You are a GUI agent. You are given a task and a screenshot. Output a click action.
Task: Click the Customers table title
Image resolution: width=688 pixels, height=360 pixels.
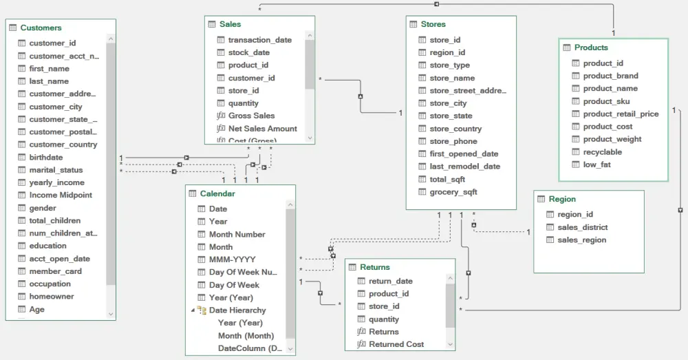[41, 28]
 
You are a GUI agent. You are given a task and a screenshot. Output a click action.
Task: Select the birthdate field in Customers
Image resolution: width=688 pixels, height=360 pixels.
[45, 157]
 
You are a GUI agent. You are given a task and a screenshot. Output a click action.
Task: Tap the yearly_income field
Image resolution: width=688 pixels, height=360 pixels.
[56, 182]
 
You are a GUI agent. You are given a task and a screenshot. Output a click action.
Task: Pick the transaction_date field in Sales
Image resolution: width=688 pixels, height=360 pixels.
[259, 40]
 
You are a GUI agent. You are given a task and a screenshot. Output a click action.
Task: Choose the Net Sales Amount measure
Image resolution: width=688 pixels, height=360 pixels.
[262, 129]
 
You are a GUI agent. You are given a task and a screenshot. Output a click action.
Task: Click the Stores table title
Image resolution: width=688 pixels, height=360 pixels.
[433, 24]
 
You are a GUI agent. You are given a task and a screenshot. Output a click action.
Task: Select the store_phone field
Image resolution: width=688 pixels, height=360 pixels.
[453, 141]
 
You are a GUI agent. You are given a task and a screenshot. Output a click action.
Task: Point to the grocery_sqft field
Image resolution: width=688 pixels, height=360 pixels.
[453, 192]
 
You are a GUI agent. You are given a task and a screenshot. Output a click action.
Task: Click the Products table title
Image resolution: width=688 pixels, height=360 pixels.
[591, 47]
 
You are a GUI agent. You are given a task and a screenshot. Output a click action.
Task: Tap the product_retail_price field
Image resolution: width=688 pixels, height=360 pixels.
[621, 114]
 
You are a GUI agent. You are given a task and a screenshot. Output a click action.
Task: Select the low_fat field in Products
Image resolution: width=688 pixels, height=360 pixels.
[596, 165]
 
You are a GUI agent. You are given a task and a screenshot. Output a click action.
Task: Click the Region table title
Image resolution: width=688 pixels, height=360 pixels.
[562, 199]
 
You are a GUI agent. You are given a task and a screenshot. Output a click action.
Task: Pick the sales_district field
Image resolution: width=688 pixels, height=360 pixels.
[582, 227]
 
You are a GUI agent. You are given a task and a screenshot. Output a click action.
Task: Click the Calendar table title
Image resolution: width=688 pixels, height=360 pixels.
[217, 193]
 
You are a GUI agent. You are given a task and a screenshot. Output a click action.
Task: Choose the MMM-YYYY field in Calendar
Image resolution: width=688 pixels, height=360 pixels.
[232, 260]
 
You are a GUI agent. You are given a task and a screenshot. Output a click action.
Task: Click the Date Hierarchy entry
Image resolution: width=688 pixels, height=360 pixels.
[237, 310]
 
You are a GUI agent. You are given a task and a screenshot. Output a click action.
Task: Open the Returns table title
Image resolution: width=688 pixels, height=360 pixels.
[374, 267]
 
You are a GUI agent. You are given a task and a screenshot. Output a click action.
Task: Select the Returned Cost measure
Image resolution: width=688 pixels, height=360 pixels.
[396, 344]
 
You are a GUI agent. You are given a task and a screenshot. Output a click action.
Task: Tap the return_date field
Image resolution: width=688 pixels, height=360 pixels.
[390, 281]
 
